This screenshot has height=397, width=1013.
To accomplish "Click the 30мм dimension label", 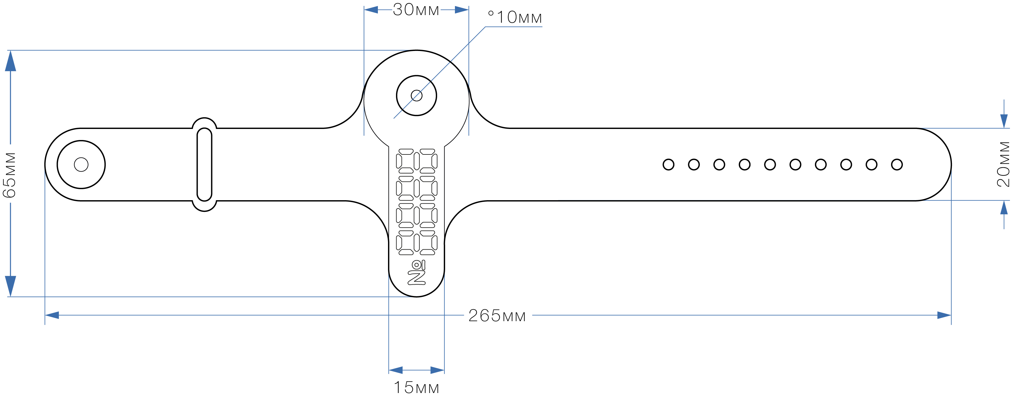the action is (416, 10).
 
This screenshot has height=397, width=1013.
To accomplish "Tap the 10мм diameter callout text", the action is (515, 17).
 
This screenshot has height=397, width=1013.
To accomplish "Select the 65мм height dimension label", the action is (10, 175).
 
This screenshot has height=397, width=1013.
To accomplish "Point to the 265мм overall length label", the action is (497, 316).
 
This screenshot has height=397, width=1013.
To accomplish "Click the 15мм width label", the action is (416, 387).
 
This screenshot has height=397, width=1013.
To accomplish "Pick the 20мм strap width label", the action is (1003, 164).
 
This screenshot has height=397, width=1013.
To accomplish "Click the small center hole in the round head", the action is (417, 95).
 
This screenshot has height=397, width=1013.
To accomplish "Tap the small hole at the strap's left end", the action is (81, 165).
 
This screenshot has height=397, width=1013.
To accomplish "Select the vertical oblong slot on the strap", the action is (204, 165).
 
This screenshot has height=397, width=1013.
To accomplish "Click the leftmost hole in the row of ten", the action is (668, 165).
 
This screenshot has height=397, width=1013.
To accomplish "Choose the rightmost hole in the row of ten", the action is (897, 165).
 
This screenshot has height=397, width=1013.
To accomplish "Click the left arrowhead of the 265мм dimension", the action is (52, 315).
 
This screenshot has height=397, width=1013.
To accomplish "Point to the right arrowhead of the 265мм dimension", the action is (944, 315).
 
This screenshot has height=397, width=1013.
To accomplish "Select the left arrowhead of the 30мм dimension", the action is (371, 10).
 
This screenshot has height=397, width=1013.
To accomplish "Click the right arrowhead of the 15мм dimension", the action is (437, 370).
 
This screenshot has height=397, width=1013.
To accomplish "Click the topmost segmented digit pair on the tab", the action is (417, 161).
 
